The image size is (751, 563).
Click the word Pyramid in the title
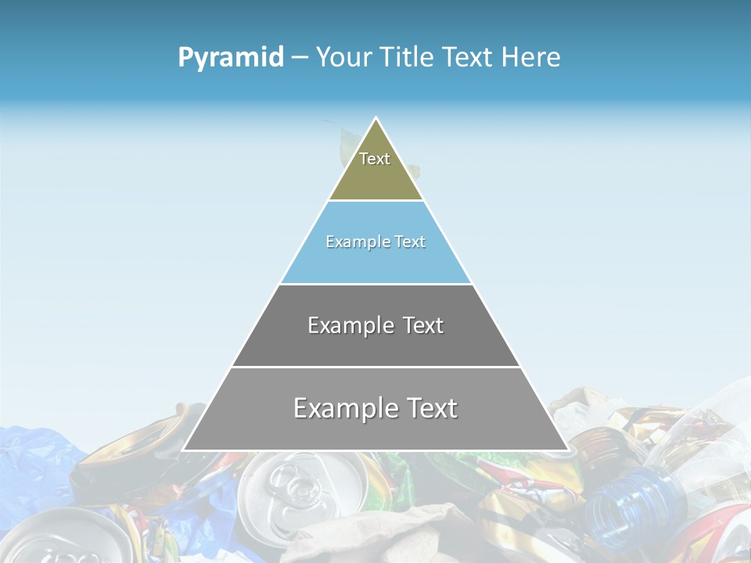230,58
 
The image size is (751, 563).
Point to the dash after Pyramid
299,58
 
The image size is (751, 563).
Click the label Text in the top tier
375,159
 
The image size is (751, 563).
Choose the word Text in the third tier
423,325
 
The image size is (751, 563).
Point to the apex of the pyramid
376,119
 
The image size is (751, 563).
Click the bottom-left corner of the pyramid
183,450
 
